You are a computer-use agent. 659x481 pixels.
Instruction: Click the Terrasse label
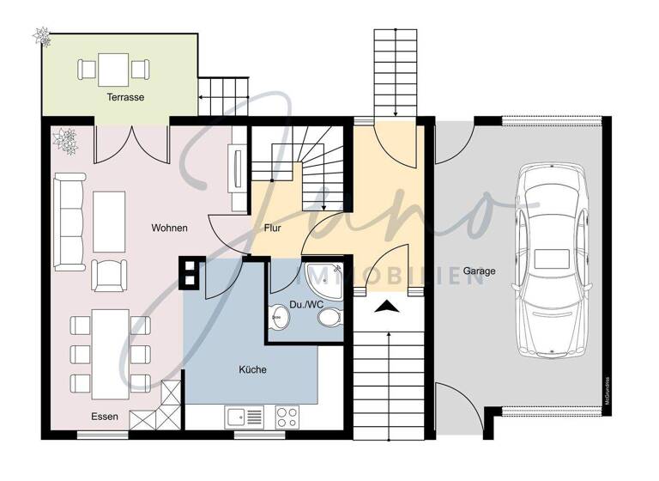click(125, 98)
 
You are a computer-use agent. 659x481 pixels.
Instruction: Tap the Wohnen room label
click(169, 228)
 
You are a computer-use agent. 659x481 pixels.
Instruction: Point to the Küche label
click(252, 370)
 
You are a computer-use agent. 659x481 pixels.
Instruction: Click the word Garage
click(480, 271)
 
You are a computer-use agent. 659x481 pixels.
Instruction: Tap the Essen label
click(105, 417)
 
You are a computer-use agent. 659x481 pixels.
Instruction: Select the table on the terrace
click(113, 68)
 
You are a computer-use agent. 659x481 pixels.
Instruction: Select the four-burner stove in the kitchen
click(287, 417)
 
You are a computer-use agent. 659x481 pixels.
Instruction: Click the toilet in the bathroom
click(329, 319)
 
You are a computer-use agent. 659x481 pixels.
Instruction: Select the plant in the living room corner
click(66, 140)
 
